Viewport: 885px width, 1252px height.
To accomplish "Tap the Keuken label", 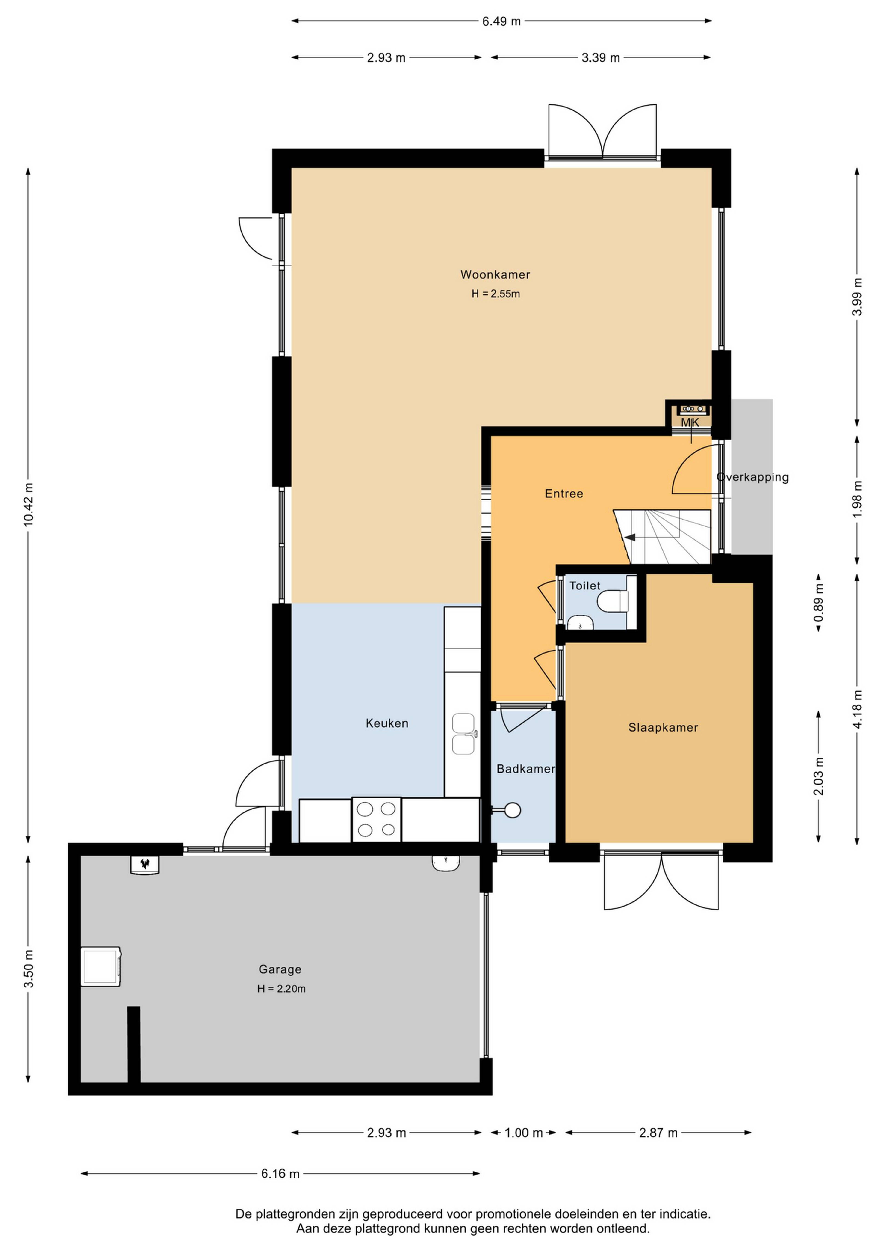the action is tap(387, 723).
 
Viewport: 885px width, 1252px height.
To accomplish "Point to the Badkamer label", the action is tap(525, 769).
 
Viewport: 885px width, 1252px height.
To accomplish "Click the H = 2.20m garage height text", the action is tap(281, 989).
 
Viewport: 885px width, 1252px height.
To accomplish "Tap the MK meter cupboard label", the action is tap(689, 422).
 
